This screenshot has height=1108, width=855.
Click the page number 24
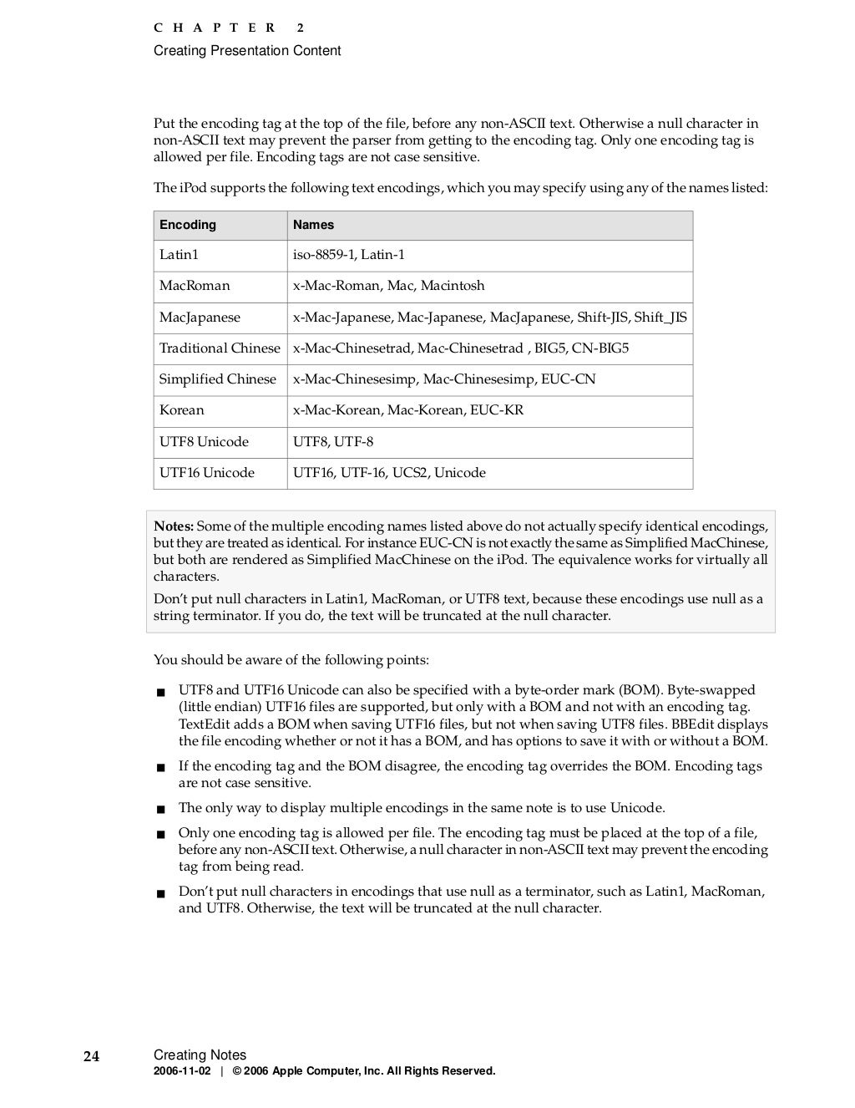tap(91, 1056)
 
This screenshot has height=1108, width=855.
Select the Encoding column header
tap(188, 225)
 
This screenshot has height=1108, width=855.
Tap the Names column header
tap(313, 225)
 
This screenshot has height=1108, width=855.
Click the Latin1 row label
tap(179, 255)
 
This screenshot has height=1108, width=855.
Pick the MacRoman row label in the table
tap(195, 286)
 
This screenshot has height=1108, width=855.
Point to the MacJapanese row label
tap(200, 318)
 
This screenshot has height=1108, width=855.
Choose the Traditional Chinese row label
tap(220, 348)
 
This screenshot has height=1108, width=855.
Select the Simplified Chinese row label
tap(217, 379)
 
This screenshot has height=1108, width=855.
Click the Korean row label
tap(181, 410)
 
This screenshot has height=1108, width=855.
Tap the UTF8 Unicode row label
tap(204, 442)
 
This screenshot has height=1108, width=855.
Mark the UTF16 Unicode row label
tap(207, 473)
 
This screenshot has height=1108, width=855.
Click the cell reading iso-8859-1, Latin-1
tap(348, 255)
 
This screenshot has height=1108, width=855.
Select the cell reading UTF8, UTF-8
tap(333, 442)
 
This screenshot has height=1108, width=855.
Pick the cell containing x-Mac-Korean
tap(408, 410)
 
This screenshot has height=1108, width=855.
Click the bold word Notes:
tap(174, 526)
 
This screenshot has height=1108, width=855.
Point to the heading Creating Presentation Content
tap(247, 51)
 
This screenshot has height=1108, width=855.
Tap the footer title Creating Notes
tap(200, 1055)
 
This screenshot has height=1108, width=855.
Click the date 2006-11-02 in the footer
tap(182, 1071)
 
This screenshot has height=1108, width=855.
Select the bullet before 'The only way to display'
tap(160, 809)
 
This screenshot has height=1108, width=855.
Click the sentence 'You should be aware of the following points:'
tap(291, 660)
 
